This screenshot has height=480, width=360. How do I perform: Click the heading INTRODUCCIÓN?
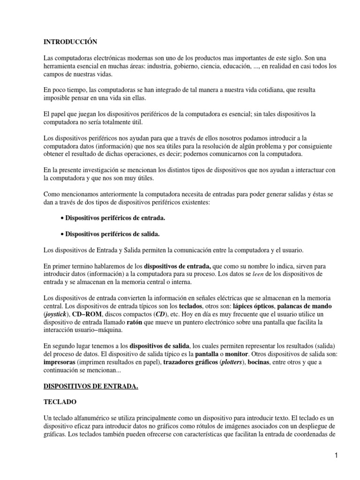click(70, 42)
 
